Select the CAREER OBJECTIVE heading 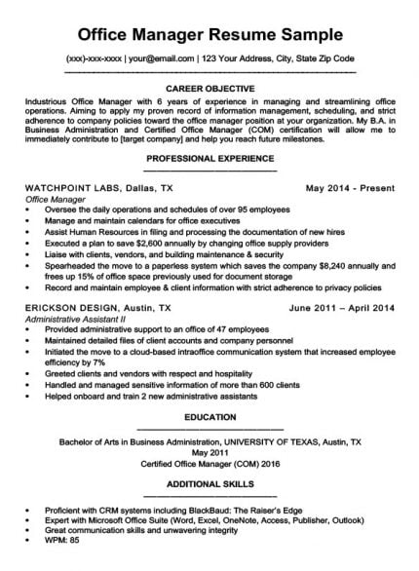pyautogui.click(x=210, y=87)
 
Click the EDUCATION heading pyautogui.click(x=210, y=417)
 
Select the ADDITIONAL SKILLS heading pyautogui.click(x=210, y=484)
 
